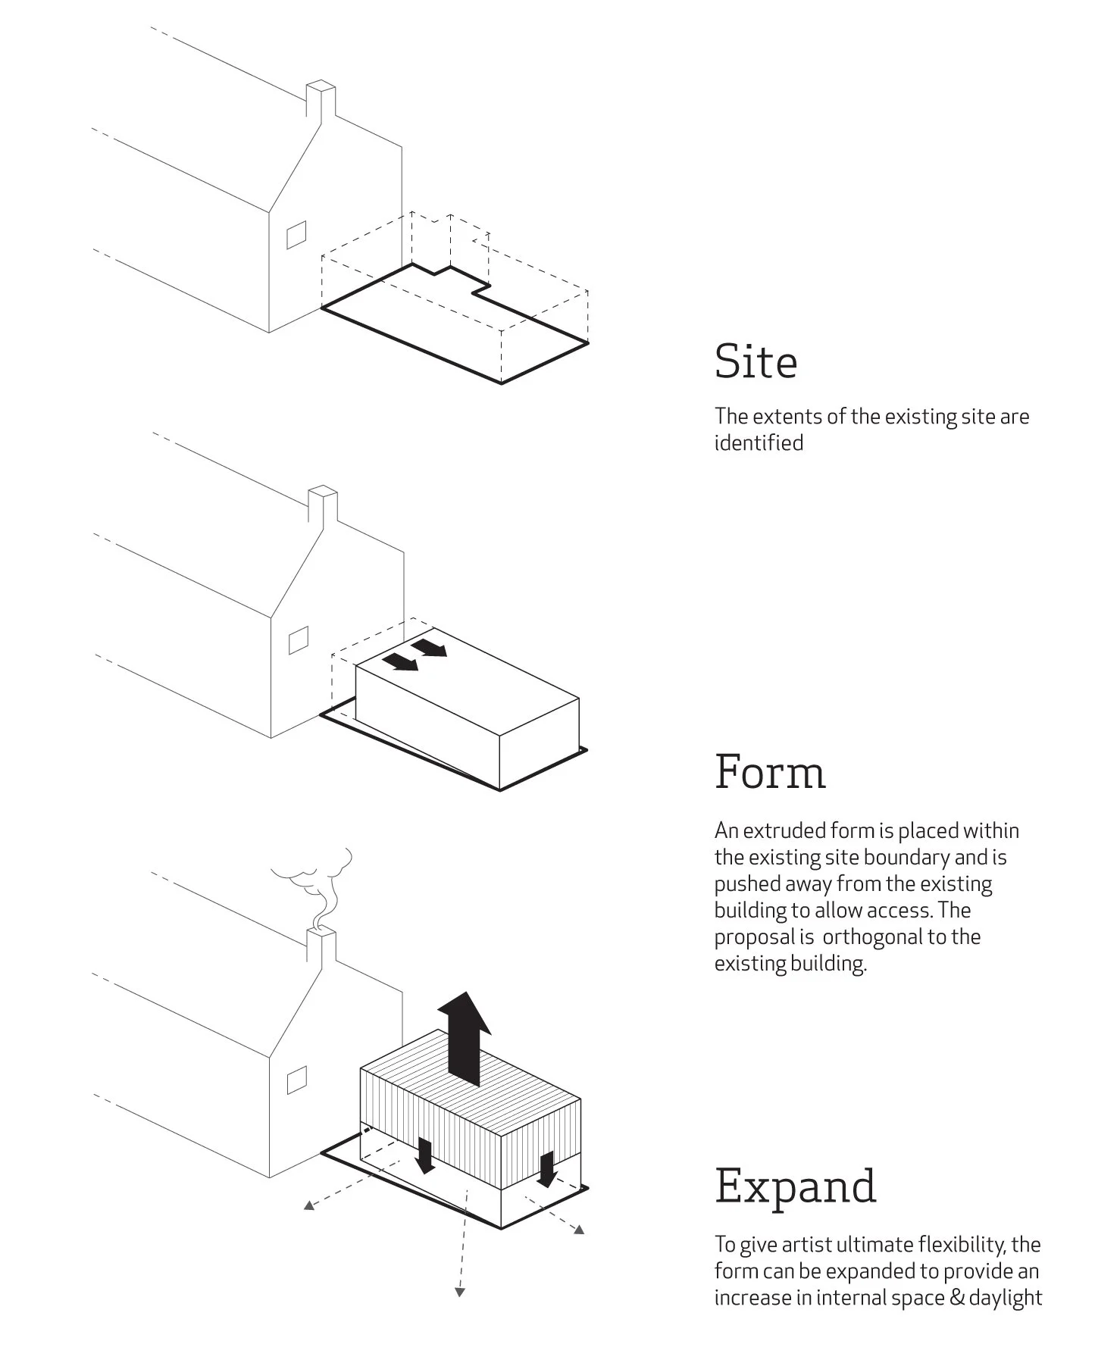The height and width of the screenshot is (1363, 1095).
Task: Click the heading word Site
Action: (756, 361)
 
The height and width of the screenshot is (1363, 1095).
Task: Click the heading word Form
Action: (770, 772)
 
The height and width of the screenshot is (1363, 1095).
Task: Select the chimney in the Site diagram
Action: (320, 102)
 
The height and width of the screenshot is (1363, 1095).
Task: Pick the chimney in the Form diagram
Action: (323, 508)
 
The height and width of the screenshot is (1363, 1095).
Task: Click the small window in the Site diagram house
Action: (296, 234)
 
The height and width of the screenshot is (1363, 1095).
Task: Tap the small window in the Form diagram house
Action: (299, 640)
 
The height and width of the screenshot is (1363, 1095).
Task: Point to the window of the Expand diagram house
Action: (296, 1080)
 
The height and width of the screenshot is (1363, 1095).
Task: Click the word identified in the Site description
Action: (759, 443)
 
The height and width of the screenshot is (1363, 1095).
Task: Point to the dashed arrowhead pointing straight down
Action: (459, 1292)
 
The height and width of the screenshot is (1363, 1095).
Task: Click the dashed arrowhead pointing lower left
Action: (308, 1205)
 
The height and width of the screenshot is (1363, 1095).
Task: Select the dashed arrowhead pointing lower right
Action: (578, 1230)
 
